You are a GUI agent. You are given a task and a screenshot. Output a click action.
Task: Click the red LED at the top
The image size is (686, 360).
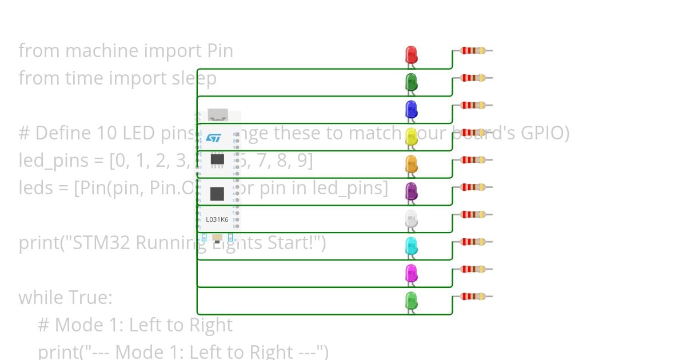click(411, 55)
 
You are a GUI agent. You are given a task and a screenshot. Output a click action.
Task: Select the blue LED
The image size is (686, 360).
click(411, 109)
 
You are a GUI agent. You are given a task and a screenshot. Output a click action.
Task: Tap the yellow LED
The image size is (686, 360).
click(411, 137)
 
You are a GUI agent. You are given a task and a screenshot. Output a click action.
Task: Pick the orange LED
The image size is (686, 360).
click(411, 164)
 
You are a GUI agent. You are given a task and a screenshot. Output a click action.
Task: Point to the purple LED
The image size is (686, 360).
click(411, 191)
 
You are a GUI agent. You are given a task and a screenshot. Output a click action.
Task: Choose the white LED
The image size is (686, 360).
click(411, 219)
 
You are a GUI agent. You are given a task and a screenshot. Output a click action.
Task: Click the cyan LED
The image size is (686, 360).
click(411, 246)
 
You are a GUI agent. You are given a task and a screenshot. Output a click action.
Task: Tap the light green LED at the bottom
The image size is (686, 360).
click(411, 301)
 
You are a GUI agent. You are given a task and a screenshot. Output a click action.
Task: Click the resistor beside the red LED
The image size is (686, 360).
click(472, 50)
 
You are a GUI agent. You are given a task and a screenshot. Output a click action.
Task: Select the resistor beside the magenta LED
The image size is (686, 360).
click(472, 269)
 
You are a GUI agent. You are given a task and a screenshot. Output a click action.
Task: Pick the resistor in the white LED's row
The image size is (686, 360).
click(472, 214)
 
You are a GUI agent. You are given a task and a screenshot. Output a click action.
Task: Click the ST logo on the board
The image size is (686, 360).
click(213, 138)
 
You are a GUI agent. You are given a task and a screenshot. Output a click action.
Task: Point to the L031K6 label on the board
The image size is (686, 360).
click(217, 219)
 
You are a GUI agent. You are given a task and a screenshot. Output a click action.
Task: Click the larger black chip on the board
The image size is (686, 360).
click(217, 194)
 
